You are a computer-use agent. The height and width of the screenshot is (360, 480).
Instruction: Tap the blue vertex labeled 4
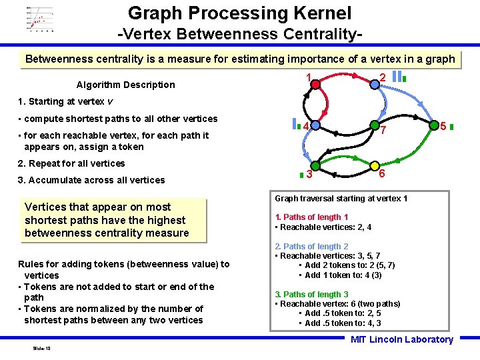[315, 125]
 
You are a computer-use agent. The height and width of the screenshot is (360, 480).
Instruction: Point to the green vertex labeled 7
[374, 125]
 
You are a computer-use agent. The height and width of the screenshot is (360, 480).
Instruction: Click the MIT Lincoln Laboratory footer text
[401, 339]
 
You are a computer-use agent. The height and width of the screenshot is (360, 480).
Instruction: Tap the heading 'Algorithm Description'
[125, 85]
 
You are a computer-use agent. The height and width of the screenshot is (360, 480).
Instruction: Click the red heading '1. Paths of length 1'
[311, 217]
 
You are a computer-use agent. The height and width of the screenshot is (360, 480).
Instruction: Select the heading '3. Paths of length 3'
[311, 294]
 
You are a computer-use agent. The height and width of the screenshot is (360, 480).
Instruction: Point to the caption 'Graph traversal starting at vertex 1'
[341, 199]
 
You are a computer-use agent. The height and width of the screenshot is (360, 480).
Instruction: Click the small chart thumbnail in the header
[40, 19]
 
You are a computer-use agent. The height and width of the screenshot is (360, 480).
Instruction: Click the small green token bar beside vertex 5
[451, 125]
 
